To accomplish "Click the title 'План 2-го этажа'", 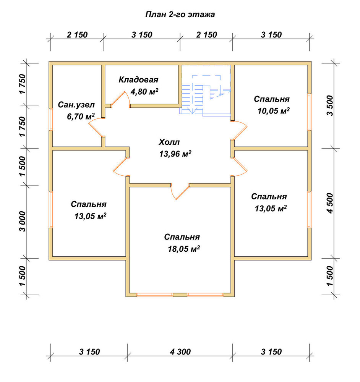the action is (180, 15).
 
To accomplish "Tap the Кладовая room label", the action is (138, 80).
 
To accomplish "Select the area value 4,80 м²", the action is (144, 92).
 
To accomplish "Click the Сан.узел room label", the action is (76, 105).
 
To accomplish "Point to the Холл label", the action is (169, 142).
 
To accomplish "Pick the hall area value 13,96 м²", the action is (175, 154).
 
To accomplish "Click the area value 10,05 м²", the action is (274, 111).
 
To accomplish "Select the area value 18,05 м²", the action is (184, 249).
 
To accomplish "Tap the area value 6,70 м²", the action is (81, 117).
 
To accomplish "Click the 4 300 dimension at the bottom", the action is (180, 352).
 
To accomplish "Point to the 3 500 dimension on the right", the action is (330, 106).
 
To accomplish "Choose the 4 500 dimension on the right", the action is (330, 203).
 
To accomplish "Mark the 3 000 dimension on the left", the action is (22, 222).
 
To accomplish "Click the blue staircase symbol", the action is (206, 90).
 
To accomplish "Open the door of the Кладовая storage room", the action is (121, 100).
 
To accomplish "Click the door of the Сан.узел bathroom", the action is (96, 127).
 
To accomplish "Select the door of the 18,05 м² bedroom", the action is (180, 191).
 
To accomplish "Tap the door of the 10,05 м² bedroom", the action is (239, 130).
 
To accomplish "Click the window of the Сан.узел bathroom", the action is (51, 119).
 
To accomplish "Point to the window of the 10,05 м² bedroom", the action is (309, 112).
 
